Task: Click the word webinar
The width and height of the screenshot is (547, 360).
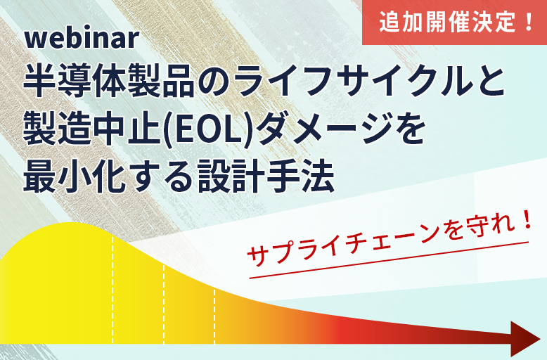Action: point(82,39)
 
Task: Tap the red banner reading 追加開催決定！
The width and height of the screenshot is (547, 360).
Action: point(455,22)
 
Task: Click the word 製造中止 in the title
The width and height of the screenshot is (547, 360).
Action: point(92,130)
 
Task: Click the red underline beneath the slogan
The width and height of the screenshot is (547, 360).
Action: point(389,260)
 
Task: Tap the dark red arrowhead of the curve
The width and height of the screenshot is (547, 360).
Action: point(525,338)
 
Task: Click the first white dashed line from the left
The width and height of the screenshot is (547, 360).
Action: point(112,290)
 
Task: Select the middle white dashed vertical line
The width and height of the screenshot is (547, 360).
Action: point(164,304)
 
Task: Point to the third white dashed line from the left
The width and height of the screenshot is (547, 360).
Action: point(214,316)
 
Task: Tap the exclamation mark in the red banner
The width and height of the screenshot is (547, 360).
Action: point(529,22)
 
